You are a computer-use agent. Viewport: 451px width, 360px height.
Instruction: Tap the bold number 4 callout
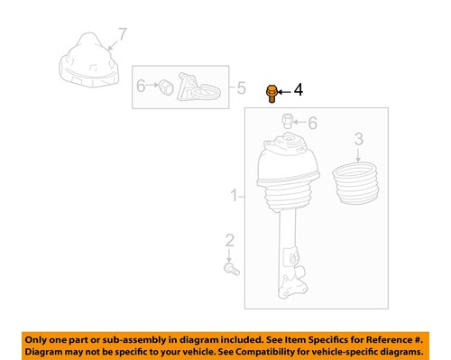[x=299, y=90]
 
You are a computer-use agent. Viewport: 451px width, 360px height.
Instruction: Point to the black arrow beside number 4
[x=282, y=91]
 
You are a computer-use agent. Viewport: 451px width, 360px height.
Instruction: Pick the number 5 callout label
[x=241, y=88]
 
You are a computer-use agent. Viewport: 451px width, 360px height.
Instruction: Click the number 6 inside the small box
[x=142, y=87]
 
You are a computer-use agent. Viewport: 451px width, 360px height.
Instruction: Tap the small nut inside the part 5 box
[x=164, y=88]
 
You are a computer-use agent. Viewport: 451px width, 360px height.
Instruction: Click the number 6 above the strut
[x=312, y=123]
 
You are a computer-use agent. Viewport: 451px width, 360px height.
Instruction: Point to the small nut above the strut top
[x=287, y=121]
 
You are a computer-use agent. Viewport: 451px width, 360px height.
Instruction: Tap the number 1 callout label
[x=234, y=195]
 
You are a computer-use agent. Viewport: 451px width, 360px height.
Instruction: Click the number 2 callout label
[x=229, y=239]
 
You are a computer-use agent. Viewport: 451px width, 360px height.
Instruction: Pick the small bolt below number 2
[x=232, y=267]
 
